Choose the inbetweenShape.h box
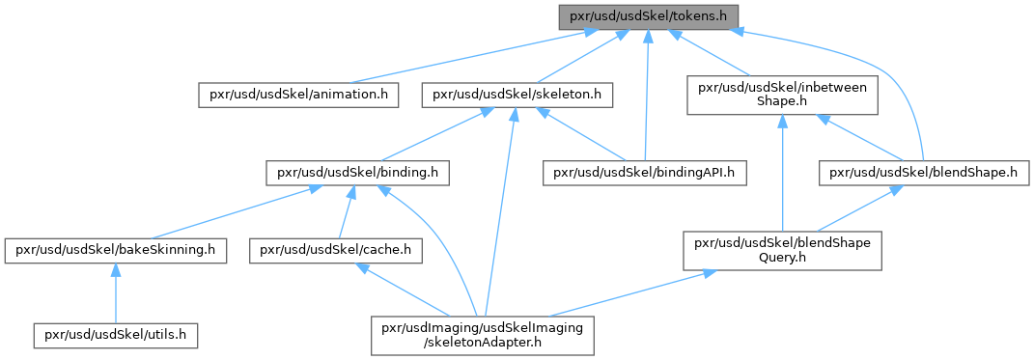point(782,95)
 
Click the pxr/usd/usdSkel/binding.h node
point(357,174)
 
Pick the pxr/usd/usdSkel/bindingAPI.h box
point(645,174)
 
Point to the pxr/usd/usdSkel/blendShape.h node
point(923,174)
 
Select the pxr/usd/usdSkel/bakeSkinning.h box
point(116,251)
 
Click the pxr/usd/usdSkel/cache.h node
point(336,251)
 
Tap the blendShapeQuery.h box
point(782,251)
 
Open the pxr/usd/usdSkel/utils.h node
point(116,336)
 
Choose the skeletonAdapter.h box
point(483,336)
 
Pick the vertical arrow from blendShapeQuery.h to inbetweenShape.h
point(782,173)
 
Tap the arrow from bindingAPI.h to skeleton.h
point(581,135)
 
